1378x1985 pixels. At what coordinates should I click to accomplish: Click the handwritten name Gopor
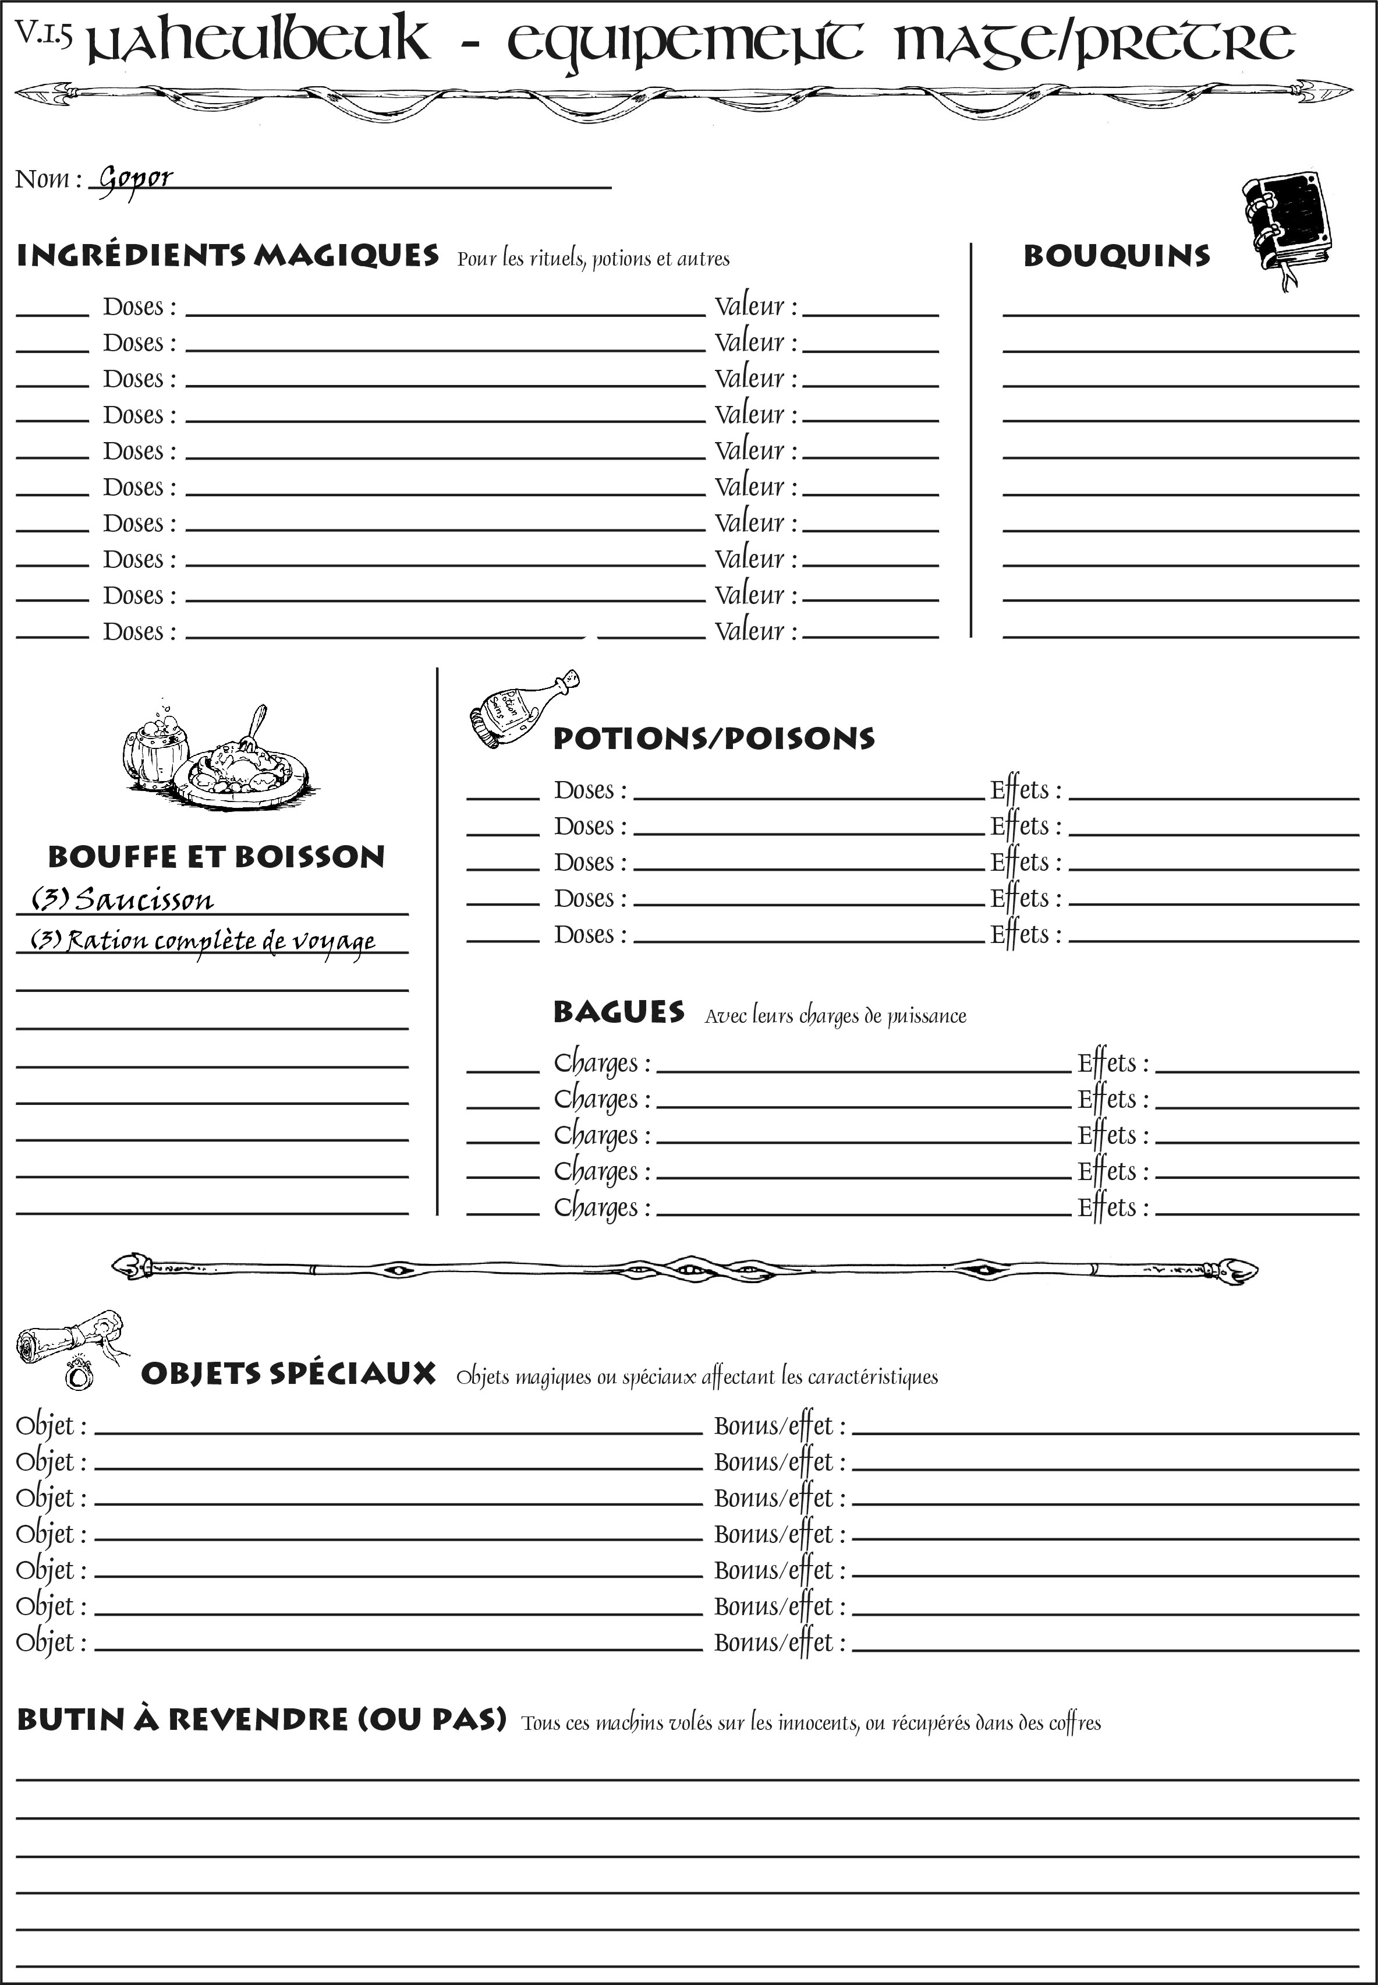[x=136, y=179]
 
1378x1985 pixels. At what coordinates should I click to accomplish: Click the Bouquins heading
[x=1117, y=256]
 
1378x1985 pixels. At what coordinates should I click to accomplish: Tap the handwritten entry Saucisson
[x=143, y=900]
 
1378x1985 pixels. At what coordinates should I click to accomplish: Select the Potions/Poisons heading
[x=713, y=739]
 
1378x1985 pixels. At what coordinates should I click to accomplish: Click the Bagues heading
[x=619, y=1012]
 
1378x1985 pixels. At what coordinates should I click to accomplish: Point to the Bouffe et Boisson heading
[x=216, y=857]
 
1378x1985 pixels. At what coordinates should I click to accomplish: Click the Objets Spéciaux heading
[x=288, y=1373]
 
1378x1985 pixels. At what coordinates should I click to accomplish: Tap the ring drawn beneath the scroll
[x=79, y=1373]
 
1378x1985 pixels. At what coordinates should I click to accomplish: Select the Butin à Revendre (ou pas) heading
[x=261, y=1719]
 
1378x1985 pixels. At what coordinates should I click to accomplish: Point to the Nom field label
[x=48, y=179]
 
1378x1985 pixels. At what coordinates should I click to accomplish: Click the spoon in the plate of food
[x=255, y=728]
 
